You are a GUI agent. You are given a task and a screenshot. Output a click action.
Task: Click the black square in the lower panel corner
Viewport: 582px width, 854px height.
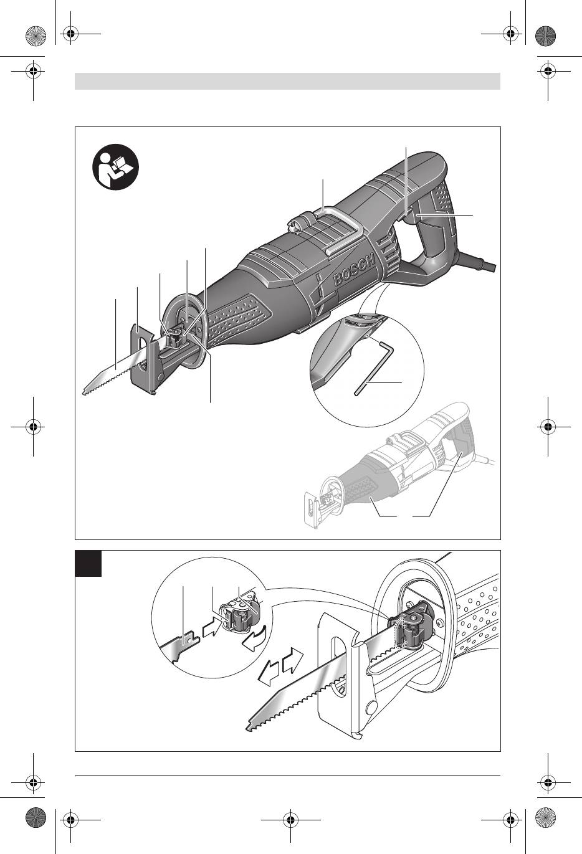[88, 563]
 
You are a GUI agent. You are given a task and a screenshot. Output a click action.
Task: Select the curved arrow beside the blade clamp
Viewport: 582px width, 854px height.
[254, 640]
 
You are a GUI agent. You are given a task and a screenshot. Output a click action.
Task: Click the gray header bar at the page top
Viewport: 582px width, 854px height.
[287, 81]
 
